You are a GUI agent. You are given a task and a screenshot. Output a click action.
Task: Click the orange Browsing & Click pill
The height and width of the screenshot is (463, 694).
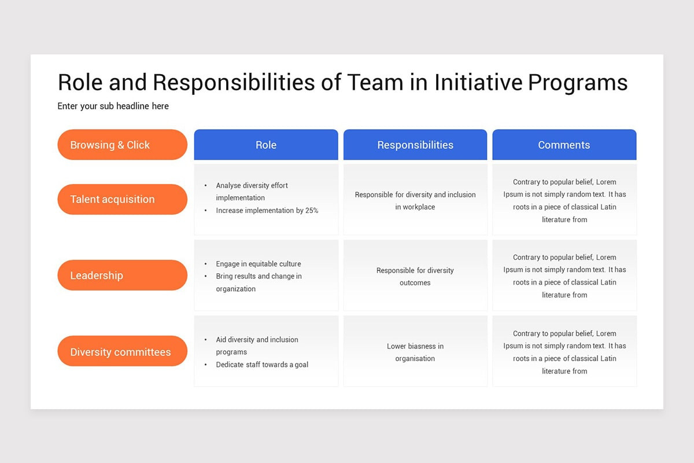[122, 145]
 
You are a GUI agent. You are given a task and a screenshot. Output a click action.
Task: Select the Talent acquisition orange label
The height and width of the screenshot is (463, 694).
[122, 199]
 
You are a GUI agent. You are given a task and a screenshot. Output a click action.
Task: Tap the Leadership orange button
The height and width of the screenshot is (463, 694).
[122, 275]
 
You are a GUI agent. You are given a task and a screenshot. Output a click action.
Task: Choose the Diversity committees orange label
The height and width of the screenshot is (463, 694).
[122, 352]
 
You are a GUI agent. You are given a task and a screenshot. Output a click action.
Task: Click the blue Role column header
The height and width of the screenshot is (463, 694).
[266, 145]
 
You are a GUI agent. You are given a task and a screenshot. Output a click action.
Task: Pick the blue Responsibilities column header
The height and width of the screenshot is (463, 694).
[415, 145]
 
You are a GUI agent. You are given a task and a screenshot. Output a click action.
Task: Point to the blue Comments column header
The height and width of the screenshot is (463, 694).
[564, 145]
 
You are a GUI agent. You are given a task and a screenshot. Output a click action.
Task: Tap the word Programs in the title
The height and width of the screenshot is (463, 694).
[578, 83]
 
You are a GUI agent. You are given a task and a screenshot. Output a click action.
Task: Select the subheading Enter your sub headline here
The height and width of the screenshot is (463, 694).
[113, 106]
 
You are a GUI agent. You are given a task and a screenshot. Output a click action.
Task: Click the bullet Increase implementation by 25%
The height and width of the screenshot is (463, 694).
[267, 211]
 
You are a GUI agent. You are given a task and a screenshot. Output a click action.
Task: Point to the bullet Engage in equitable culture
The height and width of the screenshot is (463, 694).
[258, 264]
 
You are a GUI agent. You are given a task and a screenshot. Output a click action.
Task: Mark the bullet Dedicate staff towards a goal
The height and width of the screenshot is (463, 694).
[262, 365]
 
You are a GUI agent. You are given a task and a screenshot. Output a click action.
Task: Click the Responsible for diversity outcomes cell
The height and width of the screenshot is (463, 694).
[415, 276]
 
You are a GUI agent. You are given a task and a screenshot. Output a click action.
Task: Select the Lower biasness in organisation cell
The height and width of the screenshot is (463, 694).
[415, 352]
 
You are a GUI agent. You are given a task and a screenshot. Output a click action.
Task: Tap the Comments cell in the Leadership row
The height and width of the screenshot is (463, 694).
[564, 276]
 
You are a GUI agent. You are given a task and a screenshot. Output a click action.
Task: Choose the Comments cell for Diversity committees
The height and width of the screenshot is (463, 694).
[564, 352]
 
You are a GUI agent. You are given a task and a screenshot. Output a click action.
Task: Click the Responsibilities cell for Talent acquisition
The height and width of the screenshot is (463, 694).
[415, 200]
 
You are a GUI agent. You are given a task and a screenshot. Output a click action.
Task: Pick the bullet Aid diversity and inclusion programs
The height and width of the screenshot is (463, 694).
[257, 346]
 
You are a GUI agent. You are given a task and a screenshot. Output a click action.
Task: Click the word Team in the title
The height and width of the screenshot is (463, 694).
[375, 83]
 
